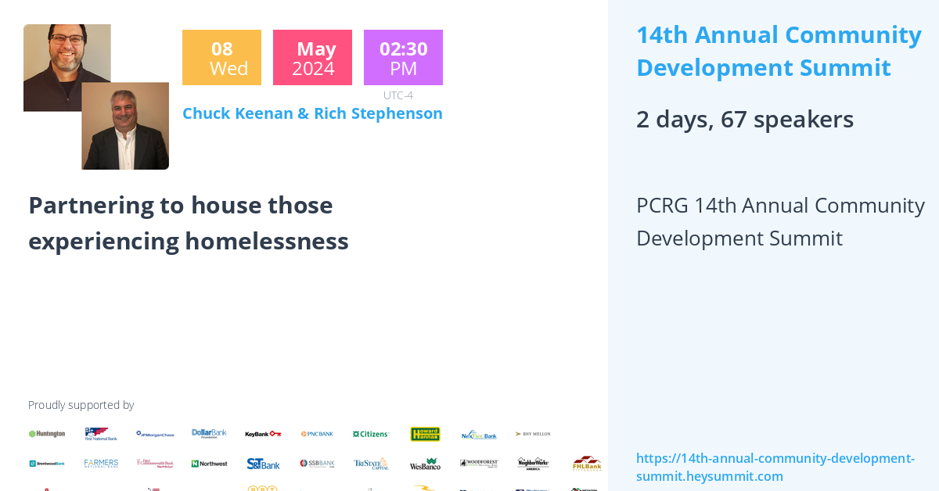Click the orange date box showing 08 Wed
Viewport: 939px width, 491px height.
[221, 58]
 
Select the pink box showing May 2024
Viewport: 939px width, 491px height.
[312, 58]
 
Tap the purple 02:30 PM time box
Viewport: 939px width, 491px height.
[403, 58]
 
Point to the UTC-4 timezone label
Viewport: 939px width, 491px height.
[398, 95]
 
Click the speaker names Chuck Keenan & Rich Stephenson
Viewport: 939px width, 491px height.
[312, 113]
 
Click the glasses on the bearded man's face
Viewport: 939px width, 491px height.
[68, 40]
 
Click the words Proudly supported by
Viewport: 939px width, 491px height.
[81, 405]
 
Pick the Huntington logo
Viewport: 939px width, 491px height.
[47, 434]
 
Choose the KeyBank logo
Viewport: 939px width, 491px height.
[263, 434]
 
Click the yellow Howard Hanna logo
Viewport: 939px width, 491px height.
[425, 434]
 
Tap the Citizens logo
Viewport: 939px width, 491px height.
[371, 434]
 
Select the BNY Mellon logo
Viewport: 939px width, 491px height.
[533, 434]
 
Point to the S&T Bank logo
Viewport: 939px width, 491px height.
[263, 464]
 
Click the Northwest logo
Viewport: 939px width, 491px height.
[209, 464]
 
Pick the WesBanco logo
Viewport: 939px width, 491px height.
[425, 464]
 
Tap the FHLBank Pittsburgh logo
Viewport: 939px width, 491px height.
[586, 463]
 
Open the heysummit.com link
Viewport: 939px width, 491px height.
[775, 468]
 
